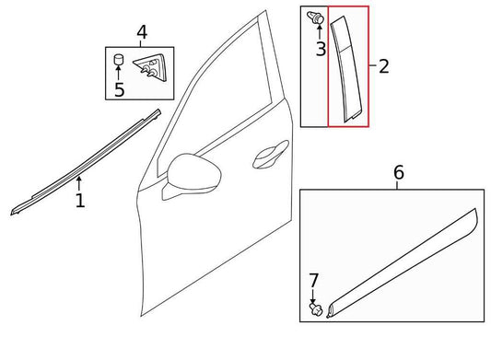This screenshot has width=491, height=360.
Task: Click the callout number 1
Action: pyautogui.click(x=80, y=201)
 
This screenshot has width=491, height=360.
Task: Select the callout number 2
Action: pyautogui.click(x=384, y=66)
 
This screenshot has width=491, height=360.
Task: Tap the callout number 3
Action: pyautogui.click(x=321, y=49)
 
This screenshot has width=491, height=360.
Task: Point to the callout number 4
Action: pyautogui.click(x=142, y=32)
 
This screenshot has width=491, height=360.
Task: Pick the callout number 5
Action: pyautogui.click(x=120, y=89)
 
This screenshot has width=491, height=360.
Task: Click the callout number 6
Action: pyautogui.click(x=398, y=172)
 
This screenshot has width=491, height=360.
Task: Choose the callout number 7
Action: pyautogui.click(x=313, y=281)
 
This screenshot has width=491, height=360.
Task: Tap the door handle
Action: pyautogui.click(x=270, y=155)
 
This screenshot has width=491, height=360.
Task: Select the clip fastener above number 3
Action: pyautogui.click(x=316, y=17)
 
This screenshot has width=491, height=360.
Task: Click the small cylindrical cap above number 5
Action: pyautogui.click(x=118, y=59)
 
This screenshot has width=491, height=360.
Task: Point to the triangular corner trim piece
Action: pyautogui.click(x=151, y=67)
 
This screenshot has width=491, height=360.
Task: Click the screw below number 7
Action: pyautogui.click(x=316, y=309)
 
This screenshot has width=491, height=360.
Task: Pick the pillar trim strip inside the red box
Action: pyautogui.click(x=346, y=69)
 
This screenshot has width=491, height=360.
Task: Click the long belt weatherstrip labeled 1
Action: pyautogui.click(x=85, y=163)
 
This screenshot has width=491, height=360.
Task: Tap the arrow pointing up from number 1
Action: pyautogui.click(x=79, y=184)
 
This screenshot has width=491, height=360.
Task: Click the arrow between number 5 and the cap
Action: pyautogui.click(x=118, y=73)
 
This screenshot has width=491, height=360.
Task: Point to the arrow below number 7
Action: pyautogui.click(x=312, y=296)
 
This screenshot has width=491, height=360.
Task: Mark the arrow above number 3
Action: pyautogui.click(x=320, y=32)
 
